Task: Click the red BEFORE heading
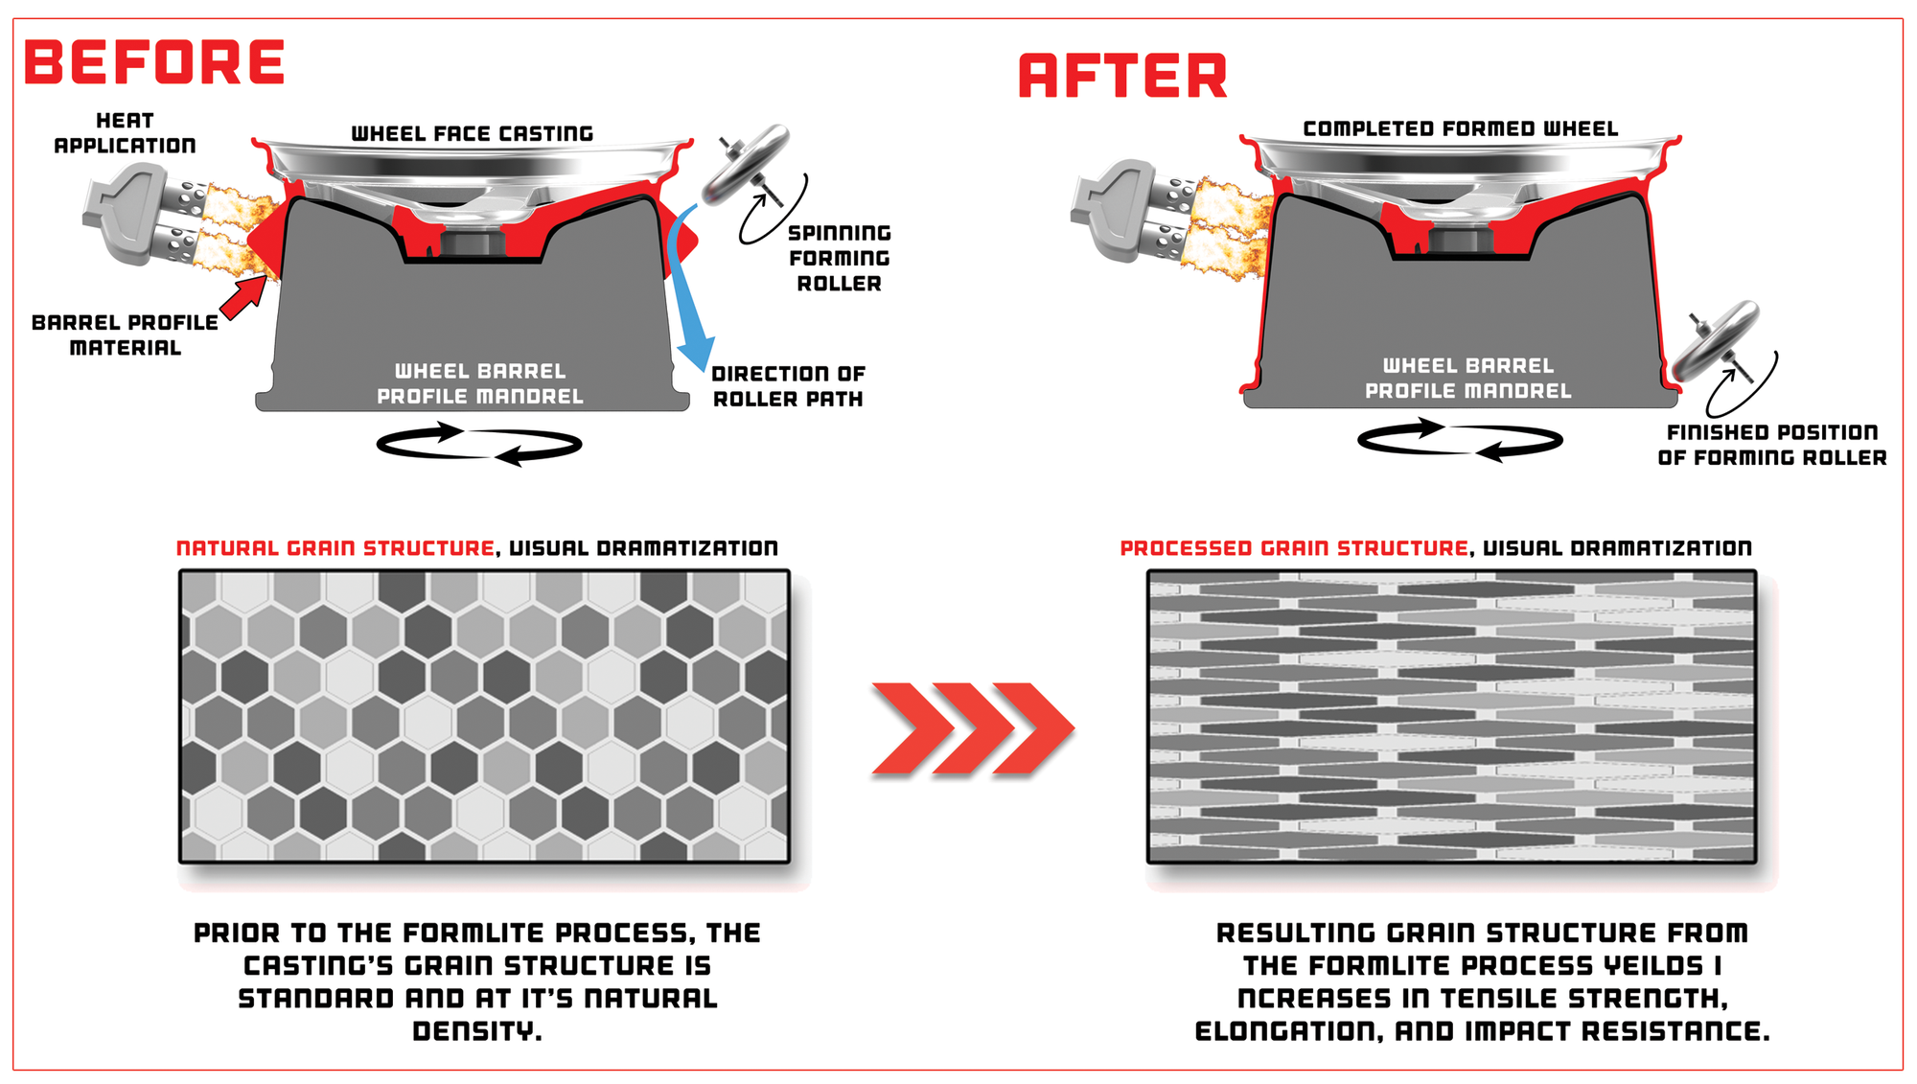coord(154,62)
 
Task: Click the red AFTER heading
coord(1122,77)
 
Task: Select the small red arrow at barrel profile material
coord(243,298)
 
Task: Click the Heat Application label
coord(125,133)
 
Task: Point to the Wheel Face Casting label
coord(473,133)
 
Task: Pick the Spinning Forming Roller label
coord(840,258)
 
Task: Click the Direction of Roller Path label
coord(788,386)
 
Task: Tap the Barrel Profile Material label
coord(125,334)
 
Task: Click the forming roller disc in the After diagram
coord(1715,340)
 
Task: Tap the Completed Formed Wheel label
coord(1461,128)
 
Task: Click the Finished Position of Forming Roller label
coord(1772,445)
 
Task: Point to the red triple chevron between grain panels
coord(972,727)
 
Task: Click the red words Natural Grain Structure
coord(335,548)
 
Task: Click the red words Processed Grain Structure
coord(1294,548)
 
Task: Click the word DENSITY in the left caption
coord(477,1031)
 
